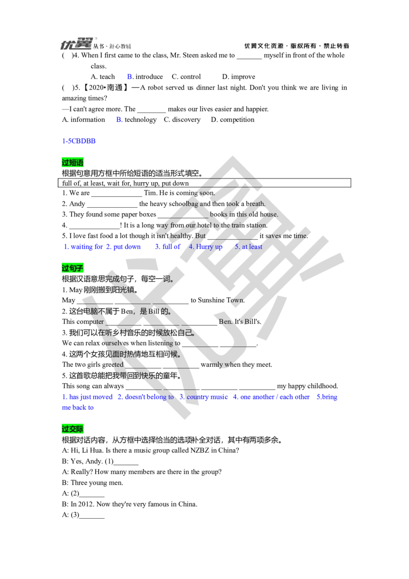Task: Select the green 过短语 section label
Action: [x=73, y=163]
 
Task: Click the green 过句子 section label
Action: [x=73, y=268]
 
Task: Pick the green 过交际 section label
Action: [x=73, y=429]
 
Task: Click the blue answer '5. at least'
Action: [x=248, y=247]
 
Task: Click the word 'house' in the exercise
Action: [x=269, y=214]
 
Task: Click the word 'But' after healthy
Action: [x=200, y=236]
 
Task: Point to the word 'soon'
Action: [x=207, y=193]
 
